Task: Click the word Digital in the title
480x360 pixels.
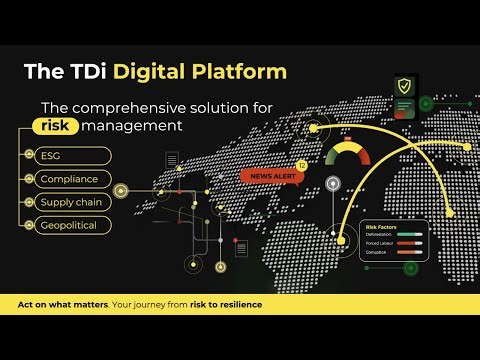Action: point(147,72)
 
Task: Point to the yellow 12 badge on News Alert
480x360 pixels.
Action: point(301,164)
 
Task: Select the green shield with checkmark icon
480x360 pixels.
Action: point(402,85)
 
